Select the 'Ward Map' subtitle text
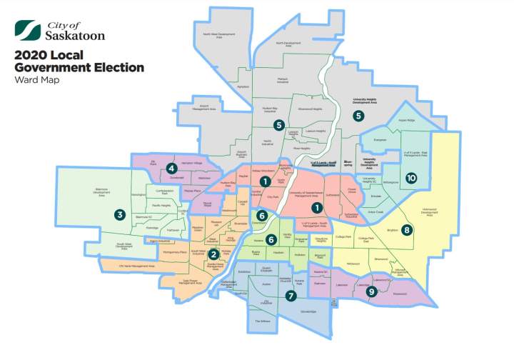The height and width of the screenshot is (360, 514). (37, 79)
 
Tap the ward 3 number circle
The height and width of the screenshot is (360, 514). (120, 214)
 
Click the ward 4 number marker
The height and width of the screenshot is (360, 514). (171, 169)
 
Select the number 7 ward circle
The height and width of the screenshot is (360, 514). (290, 295)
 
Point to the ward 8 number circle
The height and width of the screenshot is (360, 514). (406, 230)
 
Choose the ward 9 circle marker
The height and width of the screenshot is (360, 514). (371, 291)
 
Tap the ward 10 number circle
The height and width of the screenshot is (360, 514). (410, 177)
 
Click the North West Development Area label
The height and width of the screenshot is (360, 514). (218, 34)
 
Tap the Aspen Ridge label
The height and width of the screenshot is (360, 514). (406, 121)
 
